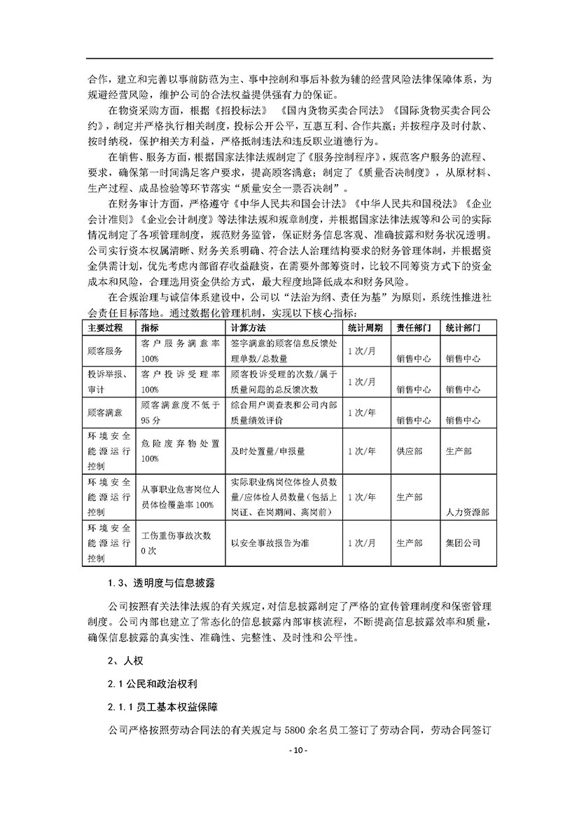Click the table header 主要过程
point(103,327)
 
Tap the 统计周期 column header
point(365,327)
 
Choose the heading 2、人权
point(121,660)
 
